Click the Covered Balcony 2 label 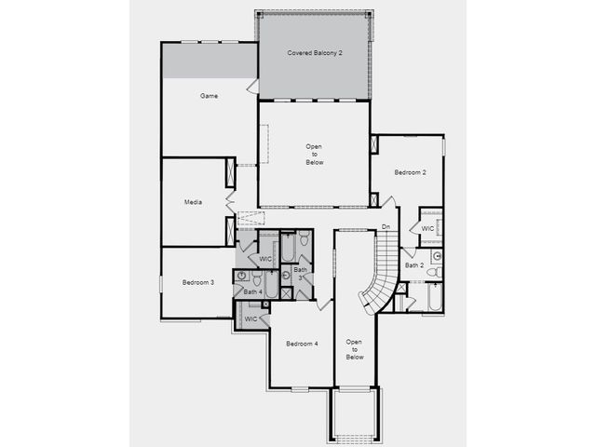click(315, 53)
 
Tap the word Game click(209, 96)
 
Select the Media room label click(193, 202)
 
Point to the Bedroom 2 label click(410, 172)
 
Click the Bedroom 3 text click(198, 282)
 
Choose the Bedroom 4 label click(302, 344)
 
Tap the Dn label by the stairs click(386, 226)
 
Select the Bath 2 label click(414, 264)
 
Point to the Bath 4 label click(252, 291)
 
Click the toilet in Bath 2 click(435, 272)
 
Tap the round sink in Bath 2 click(438, 256)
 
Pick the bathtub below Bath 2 click(435, 297)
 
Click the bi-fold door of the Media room click(230, 202)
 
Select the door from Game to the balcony click(252, 87)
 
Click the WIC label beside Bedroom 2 click(427, 228)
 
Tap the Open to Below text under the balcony click(315, 155)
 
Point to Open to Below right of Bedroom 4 click(355, 349)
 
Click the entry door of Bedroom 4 click(324, 305)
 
